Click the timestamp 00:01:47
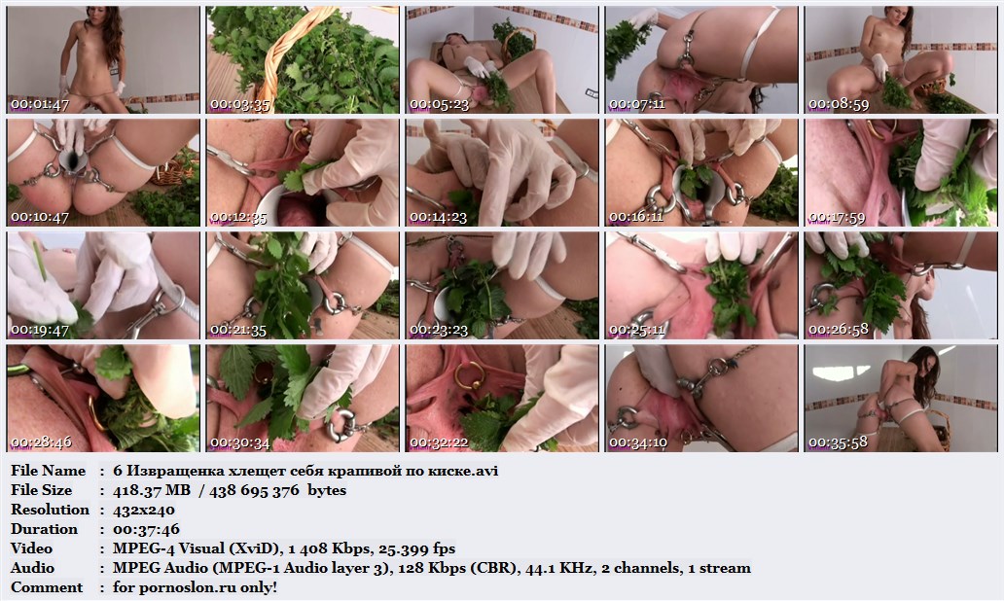pyautogui.click(x=40, y=104)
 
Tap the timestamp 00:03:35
pyautogui.click(x=239, y=104)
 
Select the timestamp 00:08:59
pyautogui.click(x=839, y=104)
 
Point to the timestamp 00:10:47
pyautogui.click(x=40, y=217)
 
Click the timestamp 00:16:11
pyautogui.click(x=638, y=217)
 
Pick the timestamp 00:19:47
pyautogui.click(x=40, y=331)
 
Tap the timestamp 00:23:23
pyautogui.click(x=439, y=331)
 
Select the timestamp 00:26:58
pyautogui.click(x=839, y=331)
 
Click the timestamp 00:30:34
pyautogui.click(x=239, y=442)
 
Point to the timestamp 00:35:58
pyautogui.click(x=839, y=442)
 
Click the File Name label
pyautogui.click(x=48, y=471)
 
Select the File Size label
pyautogui.click(x=42, y=490)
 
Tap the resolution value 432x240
pyautogui.click(x=143, y=511)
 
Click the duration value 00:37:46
pyautogui.click(x=146, y=529)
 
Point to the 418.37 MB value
pyautogui.click(x=152, y=490)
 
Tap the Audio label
pyautogui.click(x=33, y=568)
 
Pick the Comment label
pyautogui.click(x=47, y=587)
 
